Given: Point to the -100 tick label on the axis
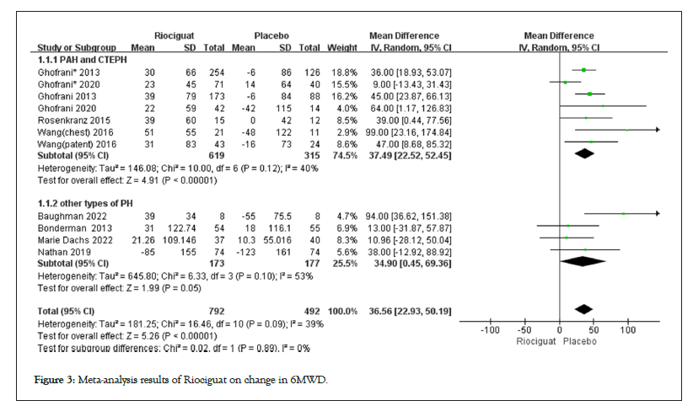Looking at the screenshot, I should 491,329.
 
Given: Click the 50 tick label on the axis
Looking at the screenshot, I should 594,329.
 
